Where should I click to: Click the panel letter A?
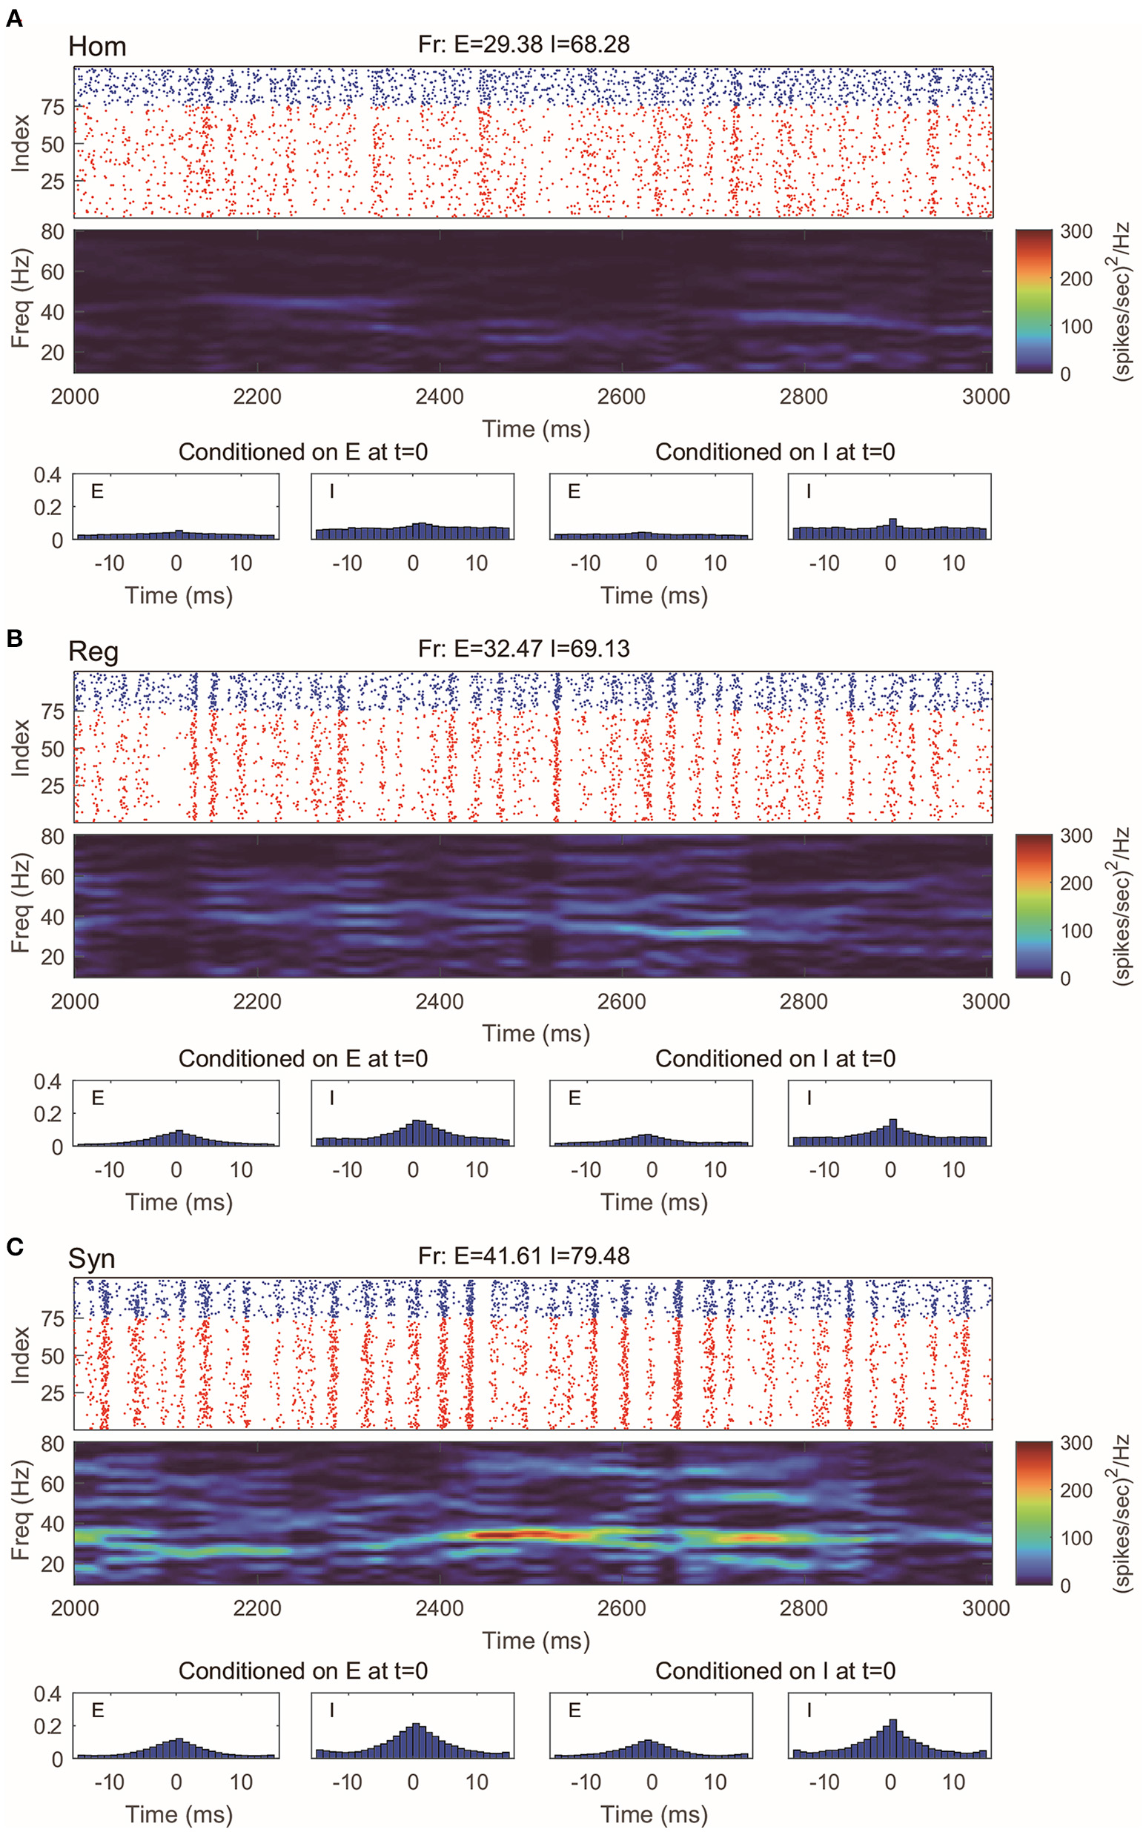point(13,19)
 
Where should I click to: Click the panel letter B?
point(13,638)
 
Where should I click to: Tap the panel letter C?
point(13,1246)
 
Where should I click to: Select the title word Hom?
point(97,47)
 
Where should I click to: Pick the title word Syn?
point(92,1258)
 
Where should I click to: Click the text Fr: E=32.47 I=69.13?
point(523,648)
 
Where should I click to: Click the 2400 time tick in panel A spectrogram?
point(439,396)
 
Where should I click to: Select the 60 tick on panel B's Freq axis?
point(53,877)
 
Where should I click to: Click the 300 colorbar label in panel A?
point(1076,232)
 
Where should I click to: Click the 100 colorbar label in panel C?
point(1076,1537)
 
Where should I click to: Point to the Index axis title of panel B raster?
point(21,748)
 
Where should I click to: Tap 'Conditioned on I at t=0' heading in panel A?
point(775,452)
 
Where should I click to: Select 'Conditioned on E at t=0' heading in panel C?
point(302,1670)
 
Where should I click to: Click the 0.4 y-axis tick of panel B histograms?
point(47,1081)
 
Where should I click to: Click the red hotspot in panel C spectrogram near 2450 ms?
point(500,1535)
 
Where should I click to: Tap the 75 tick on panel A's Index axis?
point(53,107)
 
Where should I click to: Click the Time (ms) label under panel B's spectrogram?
point(536,1033)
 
